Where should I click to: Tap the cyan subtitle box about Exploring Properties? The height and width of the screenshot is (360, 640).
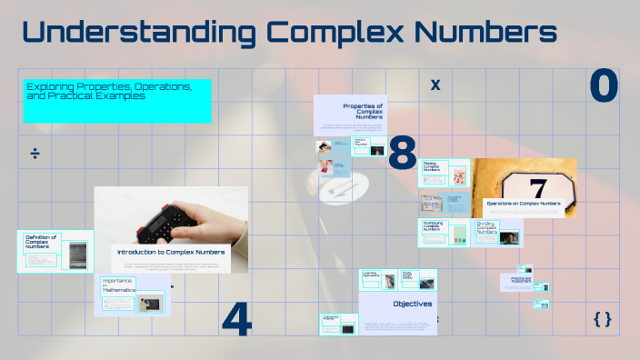point(117,101)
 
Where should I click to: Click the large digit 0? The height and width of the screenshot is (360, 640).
point(604,86)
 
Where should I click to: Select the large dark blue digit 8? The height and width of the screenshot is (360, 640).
point(402,154)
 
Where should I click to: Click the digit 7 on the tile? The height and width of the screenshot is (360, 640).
point(538,187)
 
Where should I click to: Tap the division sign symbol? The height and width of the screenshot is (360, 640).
point(35,153)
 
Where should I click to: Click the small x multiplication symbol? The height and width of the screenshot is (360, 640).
point(435,85)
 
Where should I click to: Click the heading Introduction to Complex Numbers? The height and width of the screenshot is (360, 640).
point(171,251)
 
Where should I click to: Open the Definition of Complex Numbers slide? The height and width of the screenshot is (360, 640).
point(55,252)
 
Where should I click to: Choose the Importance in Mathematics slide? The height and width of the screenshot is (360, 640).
point(133,295)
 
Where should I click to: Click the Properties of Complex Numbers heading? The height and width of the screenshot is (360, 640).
point(364,111)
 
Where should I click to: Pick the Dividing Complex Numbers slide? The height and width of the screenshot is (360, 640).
point(496,232)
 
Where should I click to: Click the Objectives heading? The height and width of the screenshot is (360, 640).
point(412,304)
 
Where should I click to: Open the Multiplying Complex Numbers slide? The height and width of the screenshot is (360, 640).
point(444,232)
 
